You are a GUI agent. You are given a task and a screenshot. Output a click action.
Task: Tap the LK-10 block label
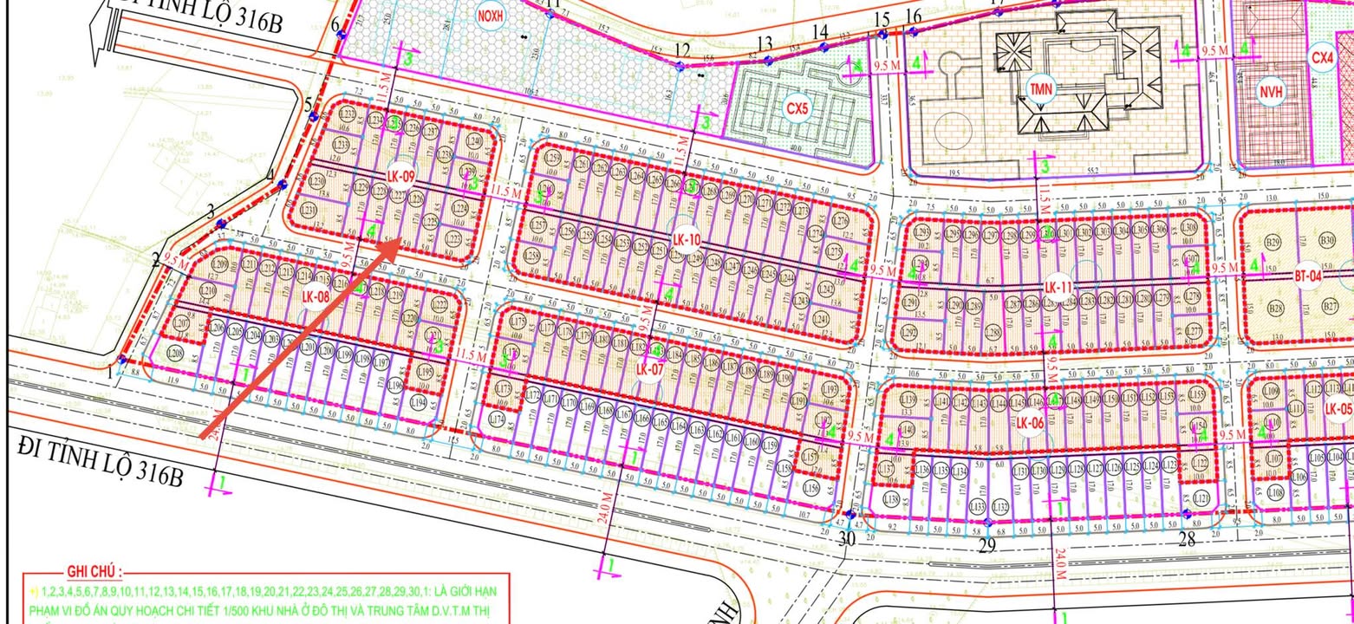686,240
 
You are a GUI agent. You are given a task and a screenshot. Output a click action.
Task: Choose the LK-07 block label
649,369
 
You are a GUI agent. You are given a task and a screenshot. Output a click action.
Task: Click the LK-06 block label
1030,423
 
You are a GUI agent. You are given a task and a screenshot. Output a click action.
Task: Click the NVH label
1272,90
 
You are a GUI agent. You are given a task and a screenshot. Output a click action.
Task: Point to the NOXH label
490,15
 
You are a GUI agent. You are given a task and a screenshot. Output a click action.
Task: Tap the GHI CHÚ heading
93,572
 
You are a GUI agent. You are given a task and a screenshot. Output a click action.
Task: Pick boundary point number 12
682,49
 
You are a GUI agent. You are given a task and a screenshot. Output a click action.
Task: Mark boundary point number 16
913,16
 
